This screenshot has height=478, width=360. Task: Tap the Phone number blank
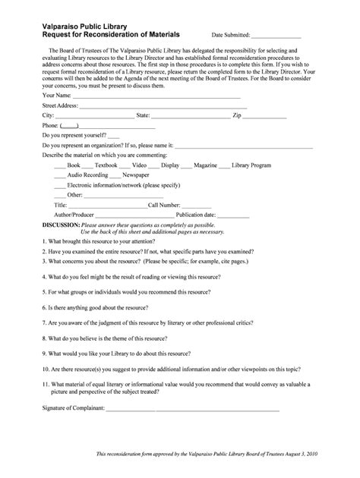(68, 126)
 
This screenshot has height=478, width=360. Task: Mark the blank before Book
(59, 165)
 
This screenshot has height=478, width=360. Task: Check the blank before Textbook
(87, 165)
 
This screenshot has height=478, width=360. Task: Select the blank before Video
(125, 165)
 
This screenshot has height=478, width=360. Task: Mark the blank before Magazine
(187, 165)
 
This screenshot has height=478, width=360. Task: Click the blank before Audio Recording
(59, 175)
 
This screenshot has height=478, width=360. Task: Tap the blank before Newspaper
(125, 175)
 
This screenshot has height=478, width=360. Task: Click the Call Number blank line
(197, 206)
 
